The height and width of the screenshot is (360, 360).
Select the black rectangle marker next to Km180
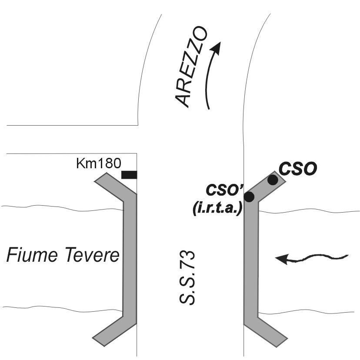click(129, 175)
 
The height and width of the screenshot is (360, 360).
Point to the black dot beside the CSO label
click(273, 180)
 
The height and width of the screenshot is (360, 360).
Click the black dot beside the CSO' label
click(249, 197)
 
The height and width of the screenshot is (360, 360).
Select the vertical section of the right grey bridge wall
click(251, 261)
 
